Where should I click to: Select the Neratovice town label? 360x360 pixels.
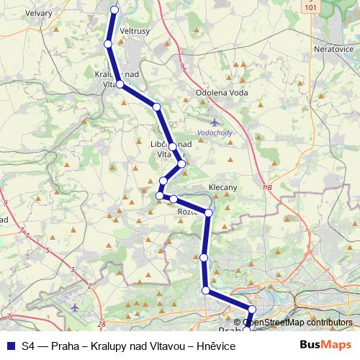pos(331,49)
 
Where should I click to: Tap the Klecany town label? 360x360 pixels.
pos(222,187)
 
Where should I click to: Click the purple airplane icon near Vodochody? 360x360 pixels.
pos(213,122)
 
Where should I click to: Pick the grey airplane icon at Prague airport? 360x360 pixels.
pos(75,307)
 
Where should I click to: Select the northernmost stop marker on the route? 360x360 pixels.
pos(114,9)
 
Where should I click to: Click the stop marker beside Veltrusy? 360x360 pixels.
pos(108,44)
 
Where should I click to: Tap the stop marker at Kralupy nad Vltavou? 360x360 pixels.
pos(120,84)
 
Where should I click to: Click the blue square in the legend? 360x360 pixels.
pos(10,346)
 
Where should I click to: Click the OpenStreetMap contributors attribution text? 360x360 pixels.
pos(297,323)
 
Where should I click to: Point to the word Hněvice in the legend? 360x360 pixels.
pos(215,346)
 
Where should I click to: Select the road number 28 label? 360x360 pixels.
pos(101,325)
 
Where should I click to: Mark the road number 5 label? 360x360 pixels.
pos(48,250)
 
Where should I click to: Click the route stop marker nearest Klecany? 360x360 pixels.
pos(209,212)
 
